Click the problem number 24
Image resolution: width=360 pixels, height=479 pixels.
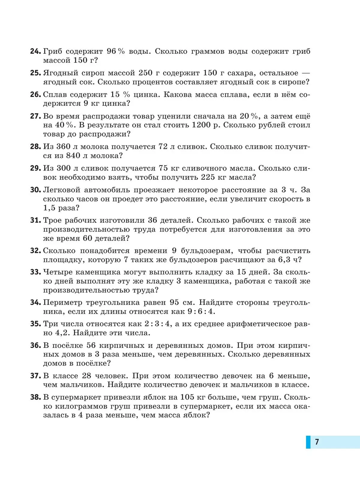35,51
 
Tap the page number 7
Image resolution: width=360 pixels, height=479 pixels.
317,442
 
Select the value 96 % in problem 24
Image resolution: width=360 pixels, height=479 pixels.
115,51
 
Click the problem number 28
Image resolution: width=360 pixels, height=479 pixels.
35,147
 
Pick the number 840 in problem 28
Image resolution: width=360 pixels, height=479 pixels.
73,156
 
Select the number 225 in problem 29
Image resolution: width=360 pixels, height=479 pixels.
208,177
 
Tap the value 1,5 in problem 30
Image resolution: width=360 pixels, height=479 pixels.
49,208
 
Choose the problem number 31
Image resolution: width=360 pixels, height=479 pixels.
35,220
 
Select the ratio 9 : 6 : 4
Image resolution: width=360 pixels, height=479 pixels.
200,312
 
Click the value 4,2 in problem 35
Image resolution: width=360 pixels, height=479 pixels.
62,333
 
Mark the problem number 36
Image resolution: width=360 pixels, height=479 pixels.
35,345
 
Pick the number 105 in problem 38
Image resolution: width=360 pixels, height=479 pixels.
187,397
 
